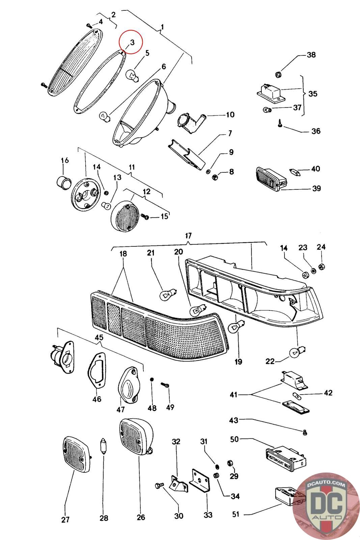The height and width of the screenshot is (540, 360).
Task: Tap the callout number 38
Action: coord(311,55)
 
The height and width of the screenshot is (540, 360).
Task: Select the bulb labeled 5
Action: coord(132,74)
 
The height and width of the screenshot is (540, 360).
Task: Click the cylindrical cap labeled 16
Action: coord(63,182)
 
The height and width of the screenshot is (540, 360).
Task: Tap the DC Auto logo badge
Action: coord(326,506)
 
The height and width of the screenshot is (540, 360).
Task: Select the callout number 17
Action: coord(188,235)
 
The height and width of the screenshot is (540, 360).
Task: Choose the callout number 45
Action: coord(99,337)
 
